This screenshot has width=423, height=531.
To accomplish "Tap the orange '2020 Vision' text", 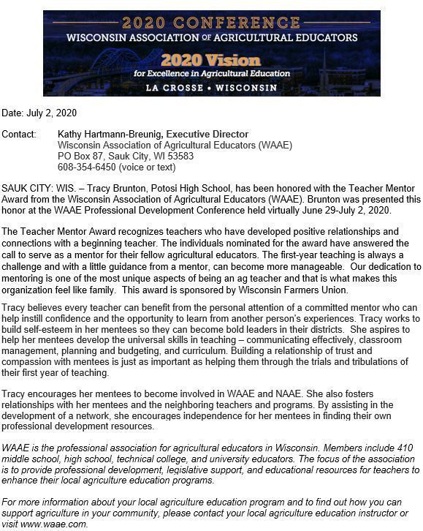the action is coord(210,60).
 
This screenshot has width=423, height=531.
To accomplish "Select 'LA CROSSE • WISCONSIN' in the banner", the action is coord(211,88).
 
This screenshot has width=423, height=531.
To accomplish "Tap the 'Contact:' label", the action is coord(19,135).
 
